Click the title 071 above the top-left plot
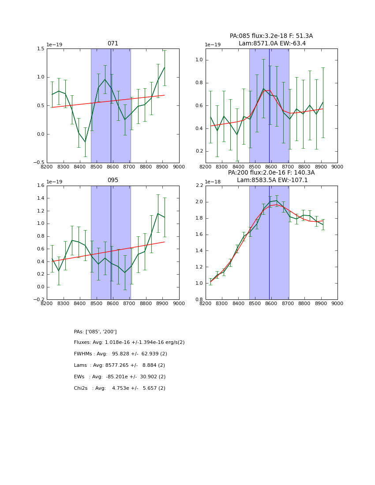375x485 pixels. click(x=113, y=44)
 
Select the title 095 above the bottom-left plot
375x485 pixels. click(x=113, y=180)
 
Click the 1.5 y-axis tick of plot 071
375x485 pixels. click(x=40, y=48)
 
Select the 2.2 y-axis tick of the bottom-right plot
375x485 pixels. click(x=198, y=186)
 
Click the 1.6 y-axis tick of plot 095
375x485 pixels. click(x=40, y=186)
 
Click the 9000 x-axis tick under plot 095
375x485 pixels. click(x=179, y=303)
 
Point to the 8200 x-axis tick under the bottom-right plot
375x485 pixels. click(x=206, y=303)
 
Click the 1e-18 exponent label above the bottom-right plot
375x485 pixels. click(x=213, y=182)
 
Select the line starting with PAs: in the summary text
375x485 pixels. click(x=95, y=332)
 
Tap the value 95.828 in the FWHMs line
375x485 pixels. click(x=122, y=354)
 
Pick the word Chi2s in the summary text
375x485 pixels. click(x=81, y=388)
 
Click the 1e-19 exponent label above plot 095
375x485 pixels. click(x=54, y=182)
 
